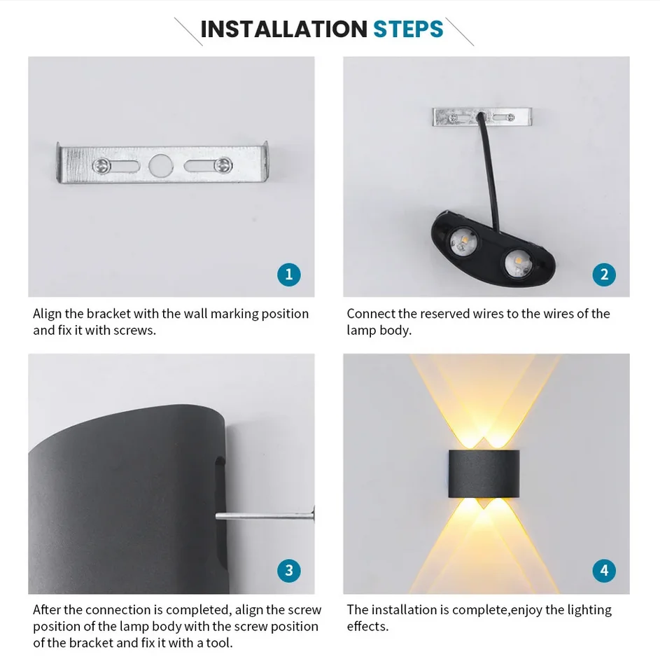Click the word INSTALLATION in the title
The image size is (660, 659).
point(283,29)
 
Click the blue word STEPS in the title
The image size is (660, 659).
point(408,29)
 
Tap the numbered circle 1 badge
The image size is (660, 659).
point(289,274)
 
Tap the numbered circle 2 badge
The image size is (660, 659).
point(604,274)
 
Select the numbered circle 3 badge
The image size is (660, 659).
point(289,570)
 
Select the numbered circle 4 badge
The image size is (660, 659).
point(604,570)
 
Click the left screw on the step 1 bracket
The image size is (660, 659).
point(102,166)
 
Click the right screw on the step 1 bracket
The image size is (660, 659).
point(223,165)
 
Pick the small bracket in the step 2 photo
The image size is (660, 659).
point(482,116)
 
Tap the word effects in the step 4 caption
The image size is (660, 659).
point(367,626)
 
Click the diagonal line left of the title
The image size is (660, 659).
point(188,32)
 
